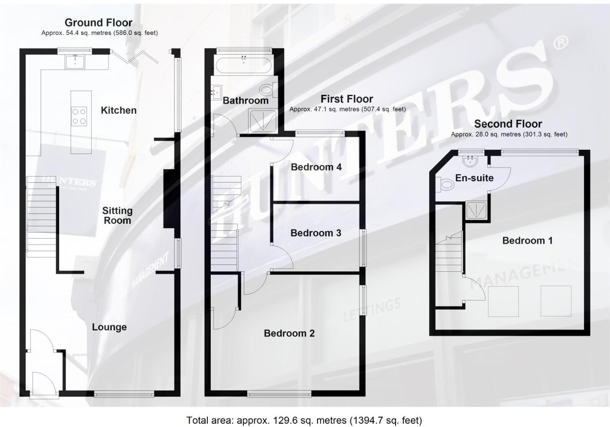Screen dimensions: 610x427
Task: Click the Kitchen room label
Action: [119, 110]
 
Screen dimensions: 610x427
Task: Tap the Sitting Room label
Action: [117, 215]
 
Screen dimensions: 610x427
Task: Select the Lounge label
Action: [109, 327]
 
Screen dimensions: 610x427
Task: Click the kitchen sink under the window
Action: [75, 62]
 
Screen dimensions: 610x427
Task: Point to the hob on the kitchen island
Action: [79, 116]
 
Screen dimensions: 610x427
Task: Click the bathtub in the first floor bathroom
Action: [244, 66]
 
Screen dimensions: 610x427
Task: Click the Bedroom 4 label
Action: [316, 167]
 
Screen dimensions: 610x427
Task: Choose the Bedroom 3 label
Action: [315, 233]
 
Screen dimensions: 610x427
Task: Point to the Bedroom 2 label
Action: [289, 333]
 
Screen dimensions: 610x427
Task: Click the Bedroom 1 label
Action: [527, 241]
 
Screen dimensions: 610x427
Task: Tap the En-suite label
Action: [474, 178]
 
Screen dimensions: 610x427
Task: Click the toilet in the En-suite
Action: [445, 185]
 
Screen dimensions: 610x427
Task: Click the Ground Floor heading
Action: [99, 23]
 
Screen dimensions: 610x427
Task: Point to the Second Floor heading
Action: [508, 124]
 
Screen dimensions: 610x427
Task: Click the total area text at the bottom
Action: [304, 420]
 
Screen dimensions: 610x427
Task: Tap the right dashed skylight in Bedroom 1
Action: [556, 301]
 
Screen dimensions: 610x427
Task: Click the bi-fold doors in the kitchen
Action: [134, 57]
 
